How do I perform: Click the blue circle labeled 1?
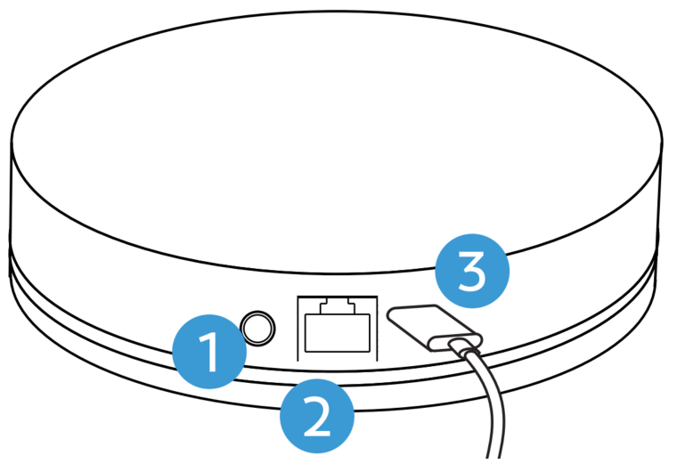(209, 352)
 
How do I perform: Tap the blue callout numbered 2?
(317, 416)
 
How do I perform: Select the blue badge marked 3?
(472, 271)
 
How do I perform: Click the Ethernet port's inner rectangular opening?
(338, 333)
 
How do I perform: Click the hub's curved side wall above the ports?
(131, 245)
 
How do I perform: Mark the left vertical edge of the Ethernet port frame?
(298, 329)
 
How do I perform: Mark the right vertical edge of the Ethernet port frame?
(377, 329)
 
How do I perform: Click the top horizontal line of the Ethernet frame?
(338, 297)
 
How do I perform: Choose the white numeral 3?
(471, 271)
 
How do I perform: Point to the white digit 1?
(208, 352)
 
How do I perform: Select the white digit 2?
(317, 416)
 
